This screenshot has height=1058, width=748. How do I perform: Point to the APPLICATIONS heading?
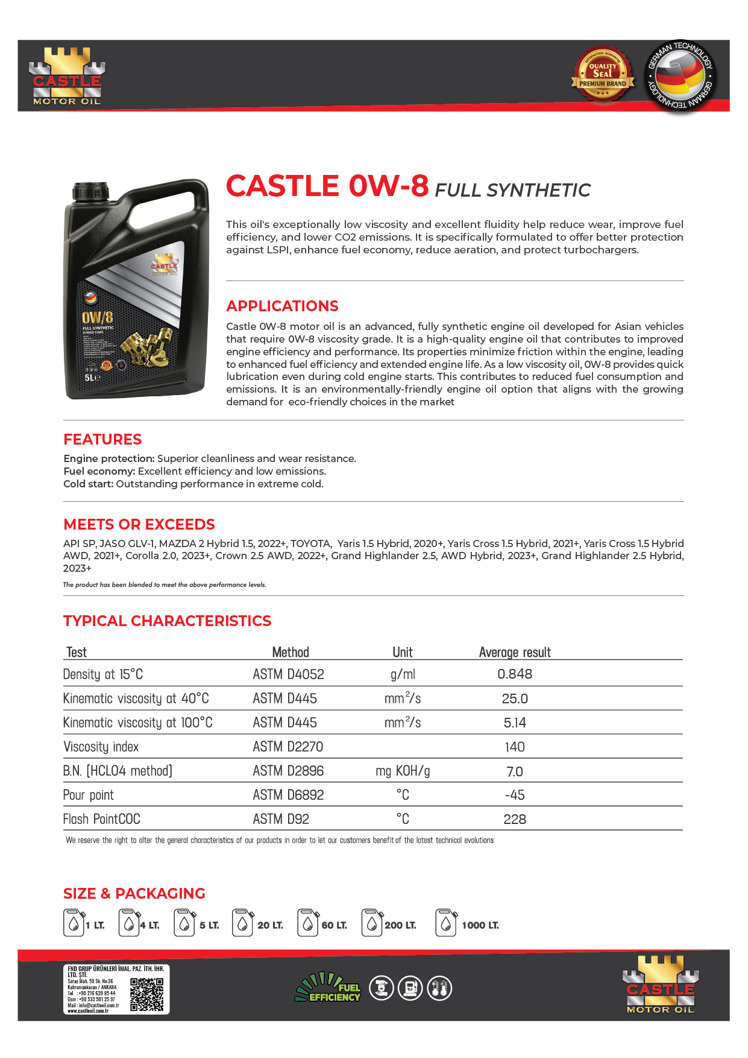click(x=282, y=306)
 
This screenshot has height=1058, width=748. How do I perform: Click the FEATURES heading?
click(x=102, y=439)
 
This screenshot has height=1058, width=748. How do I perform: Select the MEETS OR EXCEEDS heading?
click(x=139, y=524)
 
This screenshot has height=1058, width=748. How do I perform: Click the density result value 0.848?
click(x=515, y=674)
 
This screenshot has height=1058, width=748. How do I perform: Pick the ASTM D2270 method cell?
click(x=288, y=747)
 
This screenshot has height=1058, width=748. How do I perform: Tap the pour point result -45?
click(x=515, y=795)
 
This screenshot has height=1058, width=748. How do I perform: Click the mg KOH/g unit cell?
click(x=403, y=771)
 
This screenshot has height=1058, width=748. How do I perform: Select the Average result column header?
click(x=515, y=652)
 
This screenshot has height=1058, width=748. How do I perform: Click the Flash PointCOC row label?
click(x=101, y=819)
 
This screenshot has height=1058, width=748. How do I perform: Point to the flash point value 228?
click(x=515, y=819)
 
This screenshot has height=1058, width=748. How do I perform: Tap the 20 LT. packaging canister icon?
click(x=242, y=923)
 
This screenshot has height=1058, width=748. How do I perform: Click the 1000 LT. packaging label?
click(x=480, y=925)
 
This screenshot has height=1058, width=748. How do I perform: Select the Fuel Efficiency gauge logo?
click(x=328, y=988)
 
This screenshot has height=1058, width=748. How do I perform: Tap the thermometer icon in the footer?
click(x=439, y=988)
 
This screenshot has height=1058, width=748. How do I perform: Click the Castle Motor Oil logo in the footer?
click(x=660, y=984)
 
